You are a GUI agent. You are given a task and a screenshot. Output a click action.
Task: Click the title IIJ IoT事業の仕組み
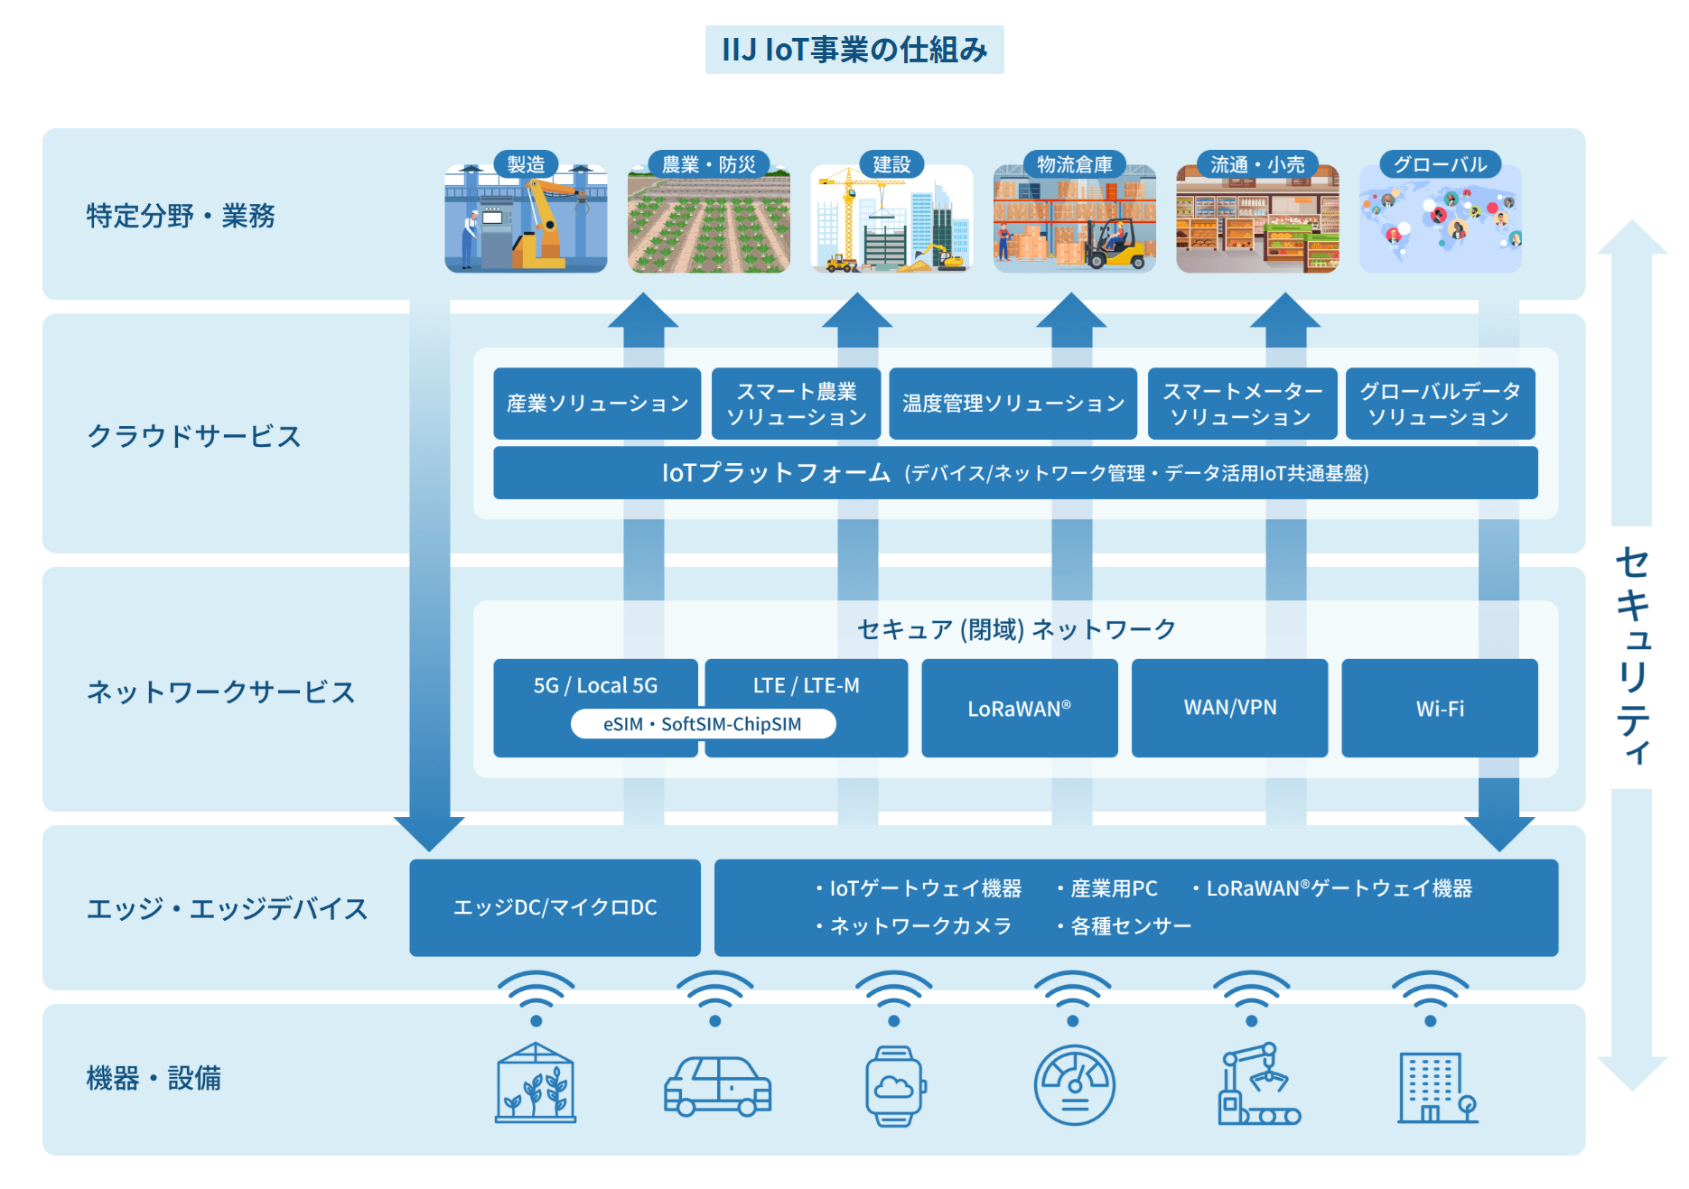tap(854, 50)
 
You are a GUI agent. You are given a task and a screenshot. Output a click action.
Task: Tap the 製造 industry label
tap(526, 164)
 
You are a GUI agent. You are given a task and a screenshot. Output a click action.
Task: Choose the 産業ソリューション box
tap(597, 404)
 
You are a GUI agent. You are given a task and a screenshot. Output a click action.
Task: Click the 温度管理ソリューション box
tap(1012, 404)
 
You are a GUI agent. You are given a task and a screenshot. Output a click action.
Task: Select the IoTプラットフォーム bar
tap(1014, 473)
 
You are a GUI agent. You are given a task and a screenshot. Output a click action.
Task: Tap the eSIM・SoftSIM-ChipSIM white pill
tap(703, 724)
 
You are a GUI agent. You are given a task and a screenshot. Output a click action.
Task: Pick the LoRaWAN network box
tap(1019, 709)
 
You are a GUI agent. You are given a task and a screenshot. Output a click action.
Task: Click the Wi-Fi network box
tap(1439, 709)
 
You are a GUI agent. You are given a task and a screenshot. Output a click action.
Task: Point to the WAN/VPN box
tap(1229, 709)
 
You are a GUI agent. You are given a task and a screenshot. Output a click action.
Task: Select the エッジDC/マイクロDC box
tap(555, 907)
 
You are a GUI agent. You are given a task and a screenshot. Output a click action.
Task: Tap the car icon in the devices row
tap(717, 1085)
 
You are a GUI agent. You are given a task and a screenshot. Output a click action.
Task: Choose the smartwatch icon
tap(894, 1085)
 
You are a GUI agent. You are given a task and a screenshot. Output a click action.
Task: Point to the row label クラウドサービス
tap(193, 436)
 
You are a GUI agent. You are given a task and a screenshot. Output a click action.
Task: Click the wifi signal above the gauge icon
tap(1072, 997)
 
